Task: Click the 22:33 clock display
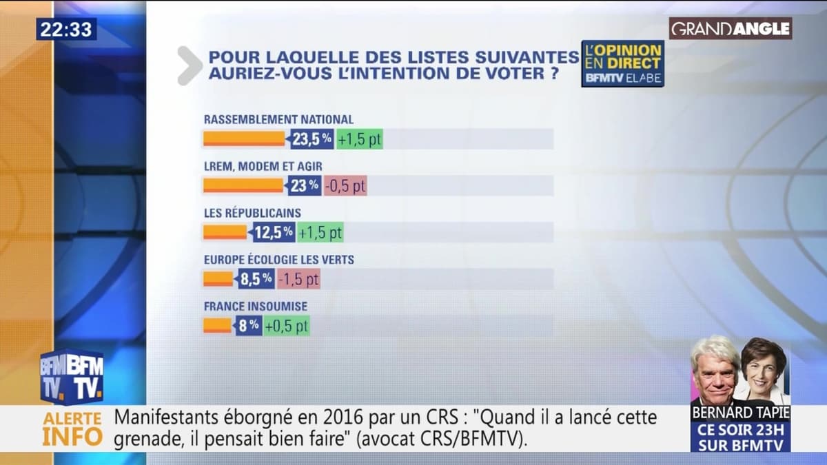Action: coord(66,29)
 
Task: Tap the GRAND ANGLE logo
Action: coord(731,28)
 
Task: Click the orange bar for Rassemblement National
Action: coord(243,138)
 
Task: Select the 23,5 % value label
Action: coord(312,138)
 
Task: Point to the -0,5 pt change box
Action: coord(345,185)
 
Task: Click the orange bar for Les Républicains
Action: coord(225,232)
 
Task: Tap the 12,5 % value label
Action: coord(273,232)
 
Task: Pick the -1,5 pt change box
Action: coord(299,279)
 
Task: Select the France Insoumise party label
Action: coord(256,306)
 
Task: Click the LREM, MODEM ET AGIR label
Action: coord(263,166)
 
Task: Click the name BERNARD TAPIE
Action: coord(740,413)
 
